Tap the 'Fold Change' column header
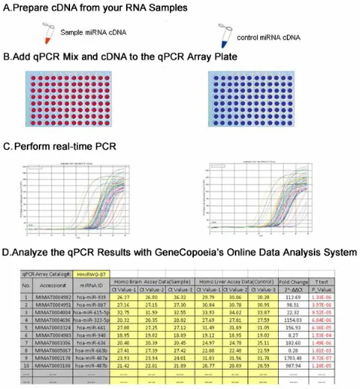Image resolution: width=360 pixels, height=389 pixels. pos(292,282)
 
